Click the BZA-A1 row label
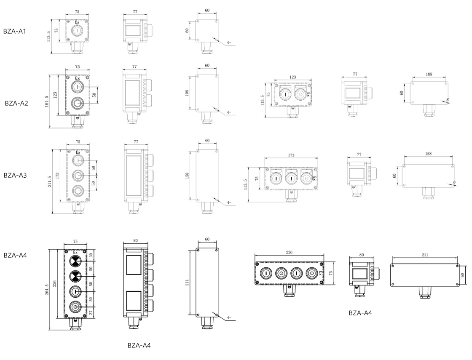[15, 31]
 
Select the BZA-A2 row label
[16, 103]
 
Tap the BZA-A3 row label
[15, 175]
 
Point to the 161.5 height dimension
[47, 101]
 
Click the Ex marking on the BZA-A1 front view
[77, 22]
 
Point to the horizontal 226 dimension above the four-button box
[289, 252]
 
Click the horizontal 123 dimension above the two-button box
[293, 77]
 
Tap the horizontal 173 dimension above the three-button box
[291, 155]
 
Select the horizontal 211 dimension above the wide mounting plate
[425, 255]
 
